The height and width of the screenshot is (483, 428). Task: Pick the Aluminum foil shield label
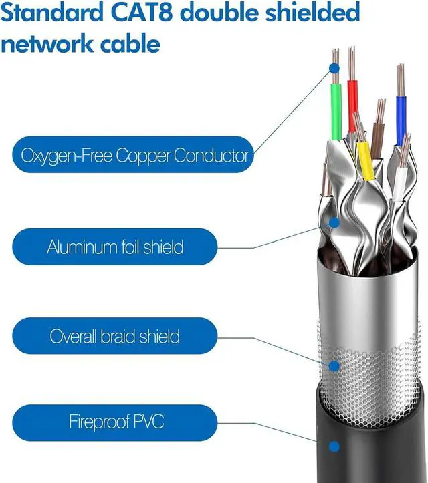point(115,247)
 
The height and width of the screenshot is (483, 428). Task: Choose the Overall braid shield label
point(115,335)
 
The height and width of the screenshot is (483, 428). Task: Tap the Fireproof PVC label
point(115,422)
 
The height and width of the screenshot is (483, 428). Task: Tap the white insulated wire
point(399,184)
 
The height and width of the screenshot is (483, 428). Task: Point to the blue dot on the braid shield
point(334,365)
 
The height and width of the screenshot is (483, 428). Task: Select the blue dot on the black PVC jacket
point(334,447)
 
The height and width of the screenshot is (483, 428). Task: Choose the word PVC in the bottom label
point(146,422)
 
